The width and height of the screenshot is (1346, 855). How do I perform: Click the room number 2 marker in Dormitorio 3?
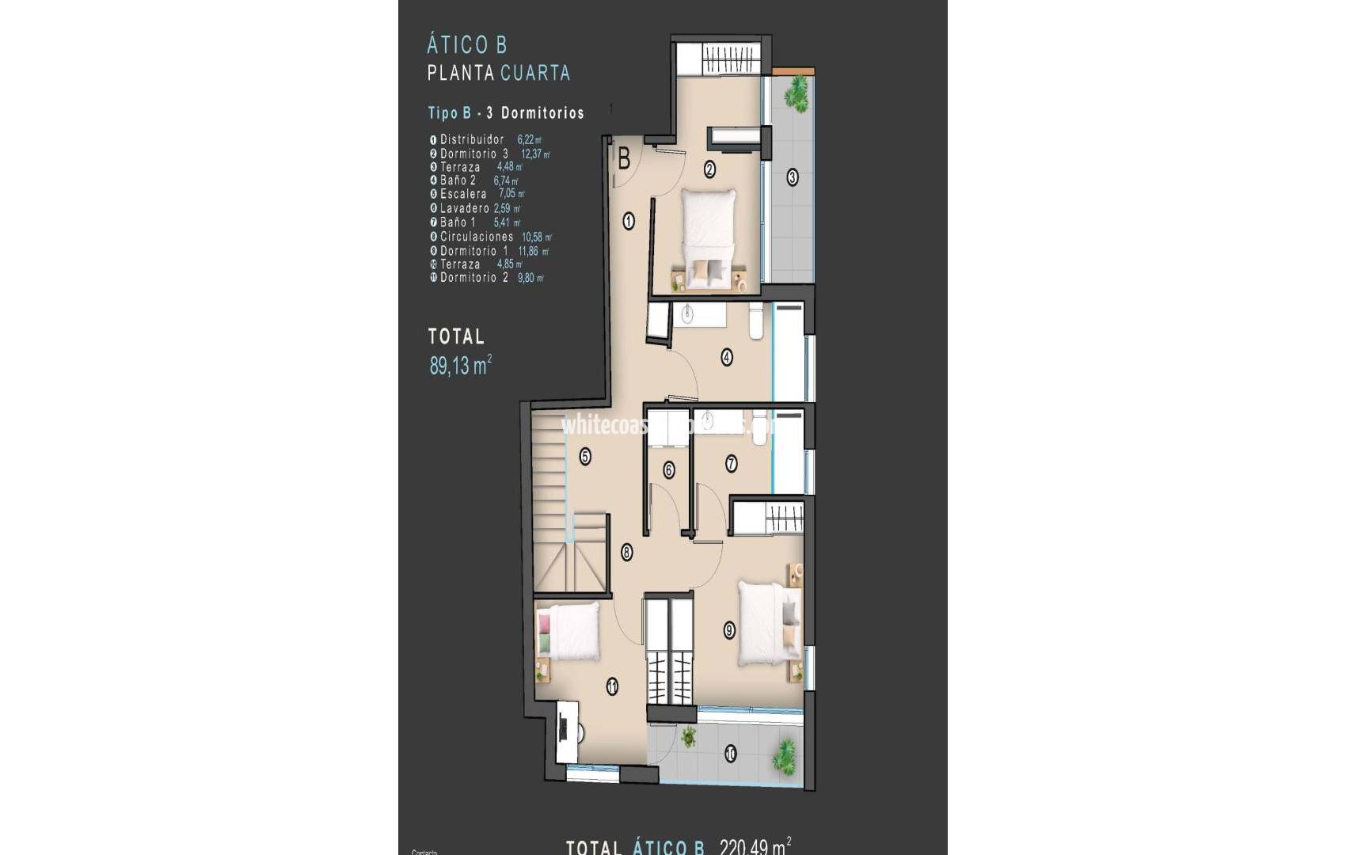point(709,169)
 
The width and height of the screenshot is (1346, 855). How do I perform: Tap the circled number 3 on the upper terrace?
point(792,177)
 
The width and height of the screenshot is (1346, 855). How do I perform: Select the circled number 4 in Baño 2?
point(727,357)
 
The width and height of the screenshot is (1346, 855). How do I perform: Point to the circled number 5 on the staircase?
point(585,456)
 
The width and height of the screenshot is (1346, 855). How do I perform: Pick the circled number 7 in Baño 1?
point(731,464)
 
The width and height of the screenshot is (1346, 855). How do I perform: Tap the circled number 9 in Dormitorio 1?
point(729,630)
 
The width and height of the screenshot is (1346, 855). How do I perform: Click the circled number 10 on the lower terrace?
point(730,754)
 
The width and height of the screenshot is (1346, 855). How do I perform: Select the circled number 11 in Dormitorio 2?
point(612,687)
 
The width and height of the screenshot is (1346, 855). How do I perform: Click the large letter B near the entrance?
point(624,159)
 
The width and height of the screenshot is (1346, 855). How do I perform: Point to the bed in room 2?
point(709,237)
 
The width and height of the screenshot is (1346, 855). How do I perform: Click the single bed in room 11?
point(568,631)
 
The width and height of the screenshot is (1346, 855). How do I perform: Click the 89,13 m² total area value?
point(460,365)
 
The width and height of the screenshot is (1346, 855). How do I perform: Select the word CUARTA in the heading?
point(535,73)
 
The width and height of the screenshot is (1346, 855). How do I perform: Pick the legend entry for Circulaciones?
point(477,237)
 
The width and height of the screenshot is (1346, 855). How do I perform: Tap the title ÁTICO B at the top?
point(466,44)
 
